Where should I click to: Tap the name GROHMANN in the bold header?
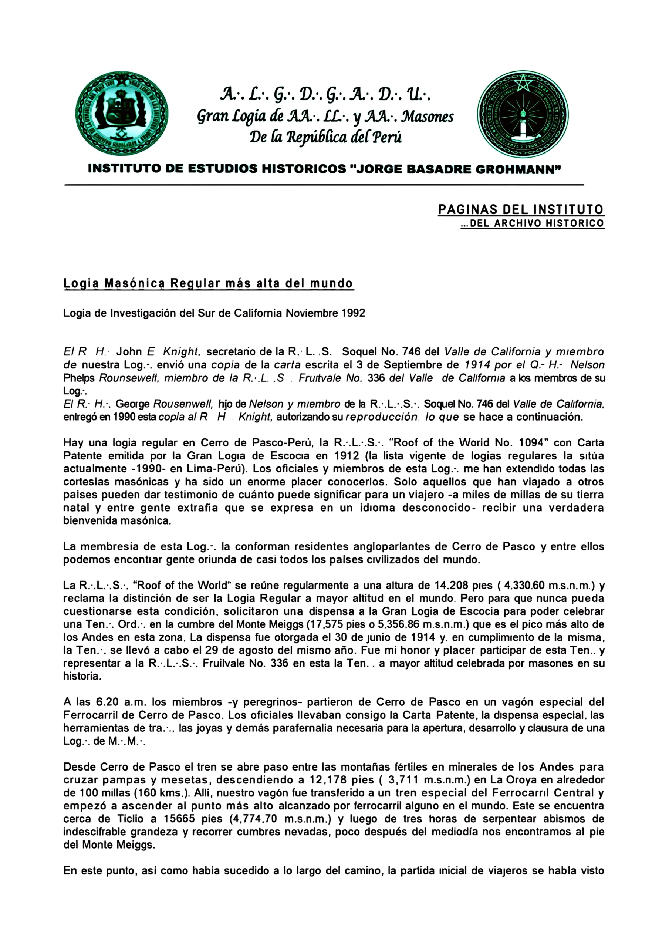point(518,169)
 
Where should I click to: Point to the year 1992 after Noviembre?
point(354,313)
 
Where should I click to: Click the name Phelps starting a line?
point(79,378)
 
